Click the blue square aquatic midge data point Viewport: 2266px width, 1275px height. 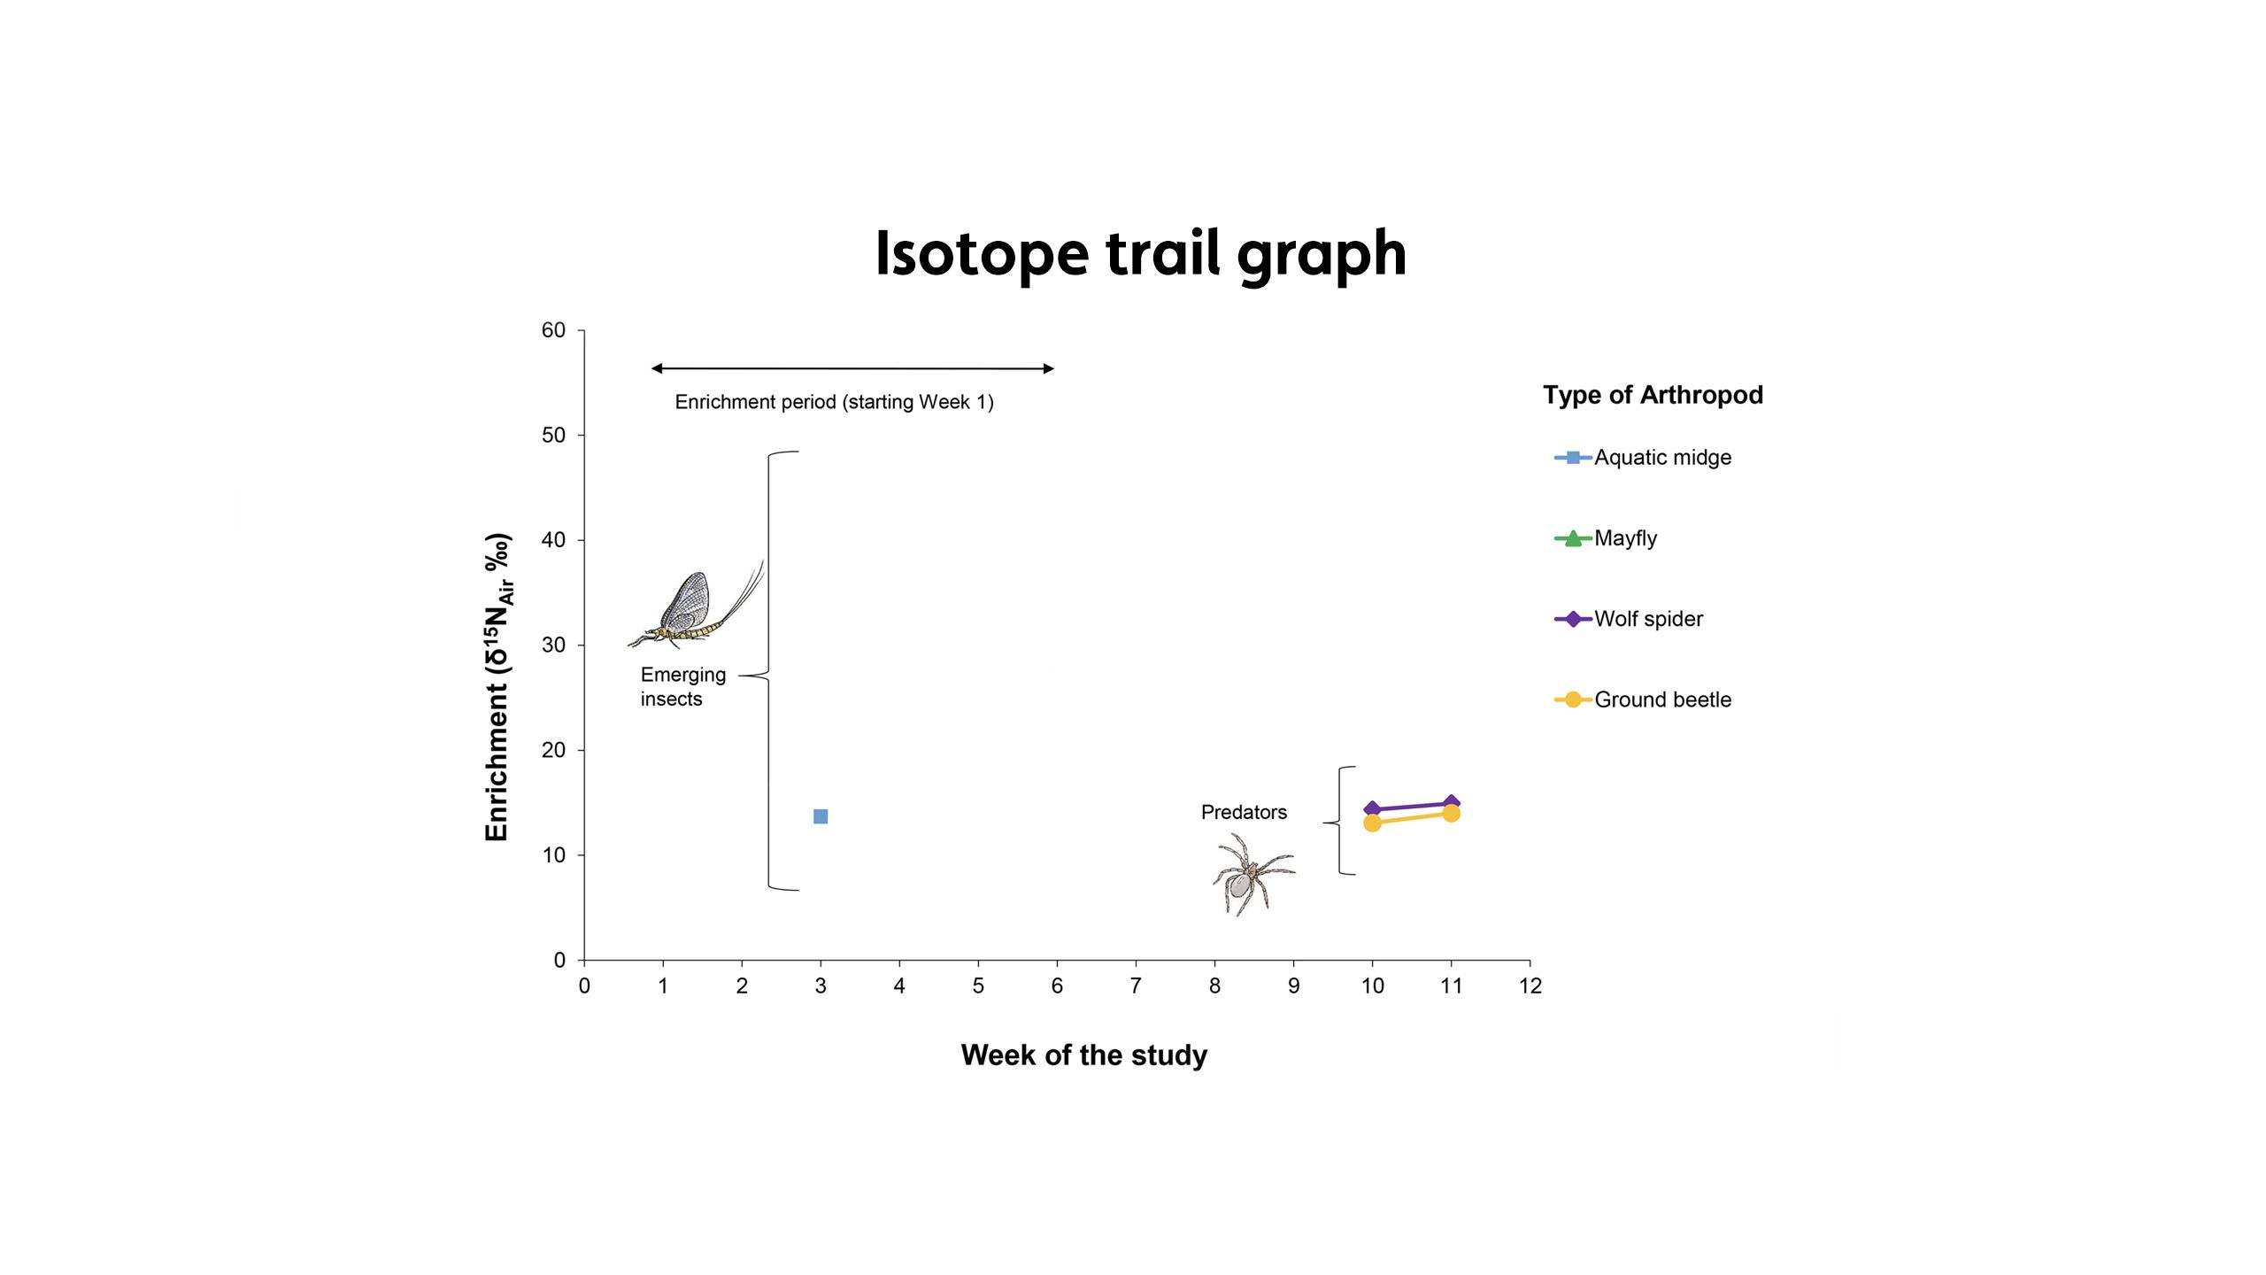[821, 816]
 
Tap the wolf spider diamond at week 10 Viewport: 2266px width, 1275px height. [1372, 808]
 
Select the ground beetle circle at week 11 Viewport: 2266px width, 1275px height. [1451, 813]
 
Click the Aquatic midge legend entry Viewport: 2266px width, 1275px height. [1643, 458]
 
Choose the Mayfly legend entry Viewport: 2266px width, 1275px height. [1606, 538]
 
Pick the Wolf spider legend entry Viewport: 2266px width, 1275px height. [1629, 619]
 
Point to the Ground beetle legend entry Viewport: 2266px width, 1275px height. [1643, 699]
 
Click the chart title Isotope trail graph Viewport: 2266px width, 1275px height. [1140, 255]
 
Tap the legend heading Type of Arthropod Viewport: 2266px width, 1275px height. [1653, 395]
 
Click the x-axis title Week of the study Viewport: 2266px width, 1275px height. [1083, 1055]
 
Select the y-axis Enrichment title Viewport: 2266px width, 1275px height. [498, 687]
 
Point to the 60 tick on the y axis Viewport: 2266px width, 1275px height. [553, 330]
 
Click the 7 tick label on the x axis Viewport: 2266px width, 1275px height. [1136, 986]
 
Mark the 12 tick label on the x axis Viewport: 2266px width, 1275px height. [1530, 986]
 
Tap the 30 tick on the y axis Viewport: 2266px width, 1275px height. [553, 645]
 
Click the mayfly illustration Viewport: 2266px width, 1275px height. [696, 606]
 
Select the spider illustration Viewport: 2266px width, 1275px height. [1253, 875]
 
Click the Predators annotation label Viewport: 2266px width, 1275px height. [1244, 813]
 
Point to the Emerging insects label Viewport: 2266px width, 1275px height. [683, 687]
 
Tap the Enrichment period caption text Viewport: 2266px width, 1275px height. [834, 402]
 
